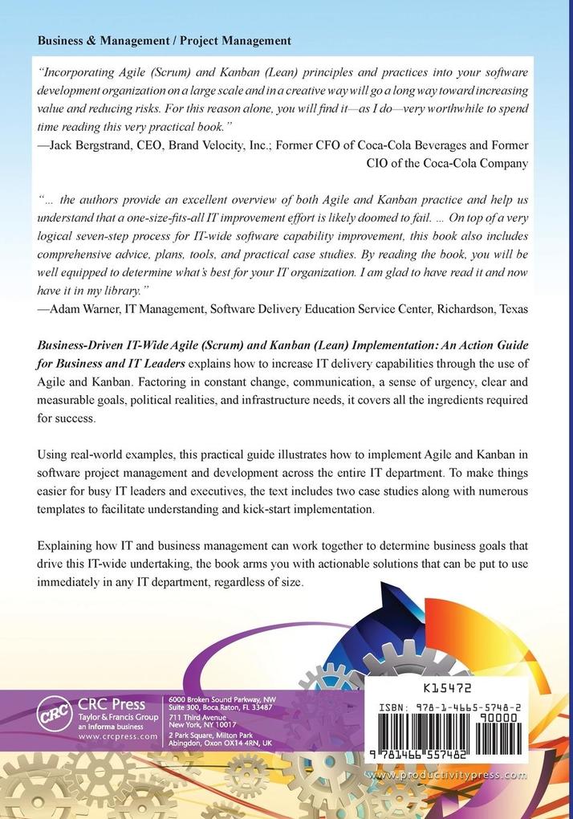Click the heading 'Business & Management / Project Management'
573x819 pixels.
point(165,40)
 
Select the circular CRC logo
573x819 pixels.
point(55,713)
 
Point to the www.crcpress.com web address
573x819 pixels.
point(117,735)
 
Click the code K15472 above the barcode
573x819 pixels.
point(446,688)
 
